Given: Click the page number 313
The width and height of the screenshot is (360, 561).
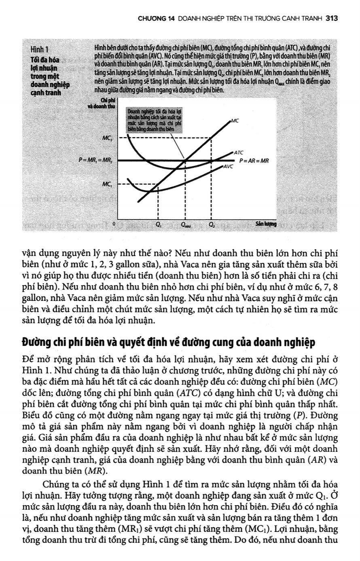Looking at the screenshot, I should point(331,18).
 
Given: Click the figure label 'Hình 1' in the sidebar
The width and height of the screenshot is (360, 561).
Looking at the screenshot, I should point(39,50).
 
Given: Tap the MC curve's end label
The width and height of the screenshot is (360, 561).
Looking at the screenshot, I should point(235,121).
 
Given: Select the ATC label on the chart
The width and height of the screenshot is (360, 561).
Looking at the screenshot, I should point(239,152).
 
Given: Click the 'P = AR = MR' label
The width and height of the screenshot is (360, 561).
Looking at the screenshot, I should point(254,161).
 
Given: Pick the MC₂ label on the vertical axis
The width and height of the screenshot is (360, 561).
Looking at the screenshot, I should point(107,138).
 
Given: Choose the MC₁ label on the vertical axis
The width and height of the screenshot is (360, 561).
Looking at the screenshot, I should point(107,184).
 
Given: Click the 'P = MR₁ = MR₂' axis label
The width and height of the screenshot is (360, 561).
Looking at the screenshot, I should point(95,161).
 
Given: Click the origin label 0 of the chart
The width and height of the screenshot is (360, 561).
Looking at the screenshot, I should point(114,223).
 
